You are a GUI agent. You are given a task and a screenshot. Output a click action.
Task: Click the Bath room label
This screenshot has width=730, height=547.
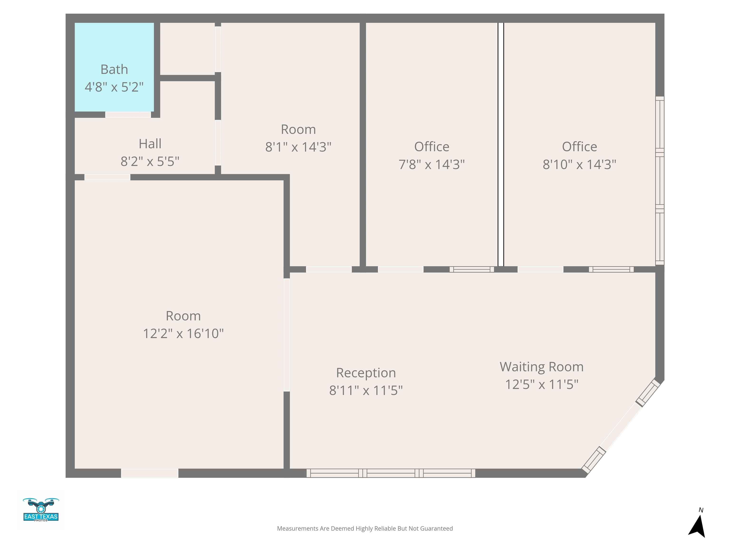click(114, 70)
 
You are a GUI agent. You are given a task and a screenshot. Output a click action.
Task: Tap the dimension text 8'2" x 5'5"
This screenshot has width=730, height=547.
click(150, 162)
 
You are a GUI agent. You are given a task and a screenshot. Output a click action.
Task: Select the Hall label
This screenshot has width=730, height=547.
click(150, 144)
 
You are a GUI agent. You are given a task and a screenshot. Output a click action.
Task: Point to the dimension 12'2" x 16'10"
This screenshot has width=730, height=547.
click(183, 334)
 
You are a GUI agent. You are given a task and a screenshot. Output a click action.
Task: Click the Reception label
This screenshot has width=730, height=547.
click(366, 373)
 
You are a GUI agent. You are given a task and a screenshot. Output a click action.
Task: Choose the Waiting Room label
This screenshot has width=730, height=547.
click(542, 367)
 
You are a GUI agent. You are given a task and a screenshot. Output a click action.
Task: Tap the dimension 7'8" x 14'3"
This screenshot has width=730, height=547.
click(432, 165)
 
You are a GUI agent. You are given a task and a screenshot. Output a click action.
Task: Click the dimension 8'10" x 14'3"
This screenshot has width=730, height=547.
click(580, 165)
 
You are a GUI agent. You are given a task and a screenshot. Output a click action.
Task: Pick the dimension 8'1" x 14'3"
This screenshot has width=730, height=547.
click(298, 147)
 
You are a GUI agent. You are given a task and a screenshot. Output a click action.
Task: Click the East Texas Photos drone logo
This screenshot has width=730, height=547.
click(41, 509)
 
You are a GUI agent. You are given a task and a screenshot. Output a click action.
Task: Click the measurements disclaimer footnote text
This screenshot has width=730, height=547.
click(365, 528)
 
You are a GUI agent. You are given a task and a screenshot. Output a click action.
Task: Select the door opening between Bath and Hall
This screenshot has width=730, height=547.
click(128, 115)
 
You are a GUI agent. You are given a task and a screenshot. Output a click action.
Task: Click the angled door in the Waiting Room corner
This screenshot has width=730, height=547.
click(621, 427)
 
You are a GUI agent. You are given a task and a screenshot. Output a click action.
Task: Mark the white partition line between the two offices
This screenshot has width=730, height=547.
click(501, 144)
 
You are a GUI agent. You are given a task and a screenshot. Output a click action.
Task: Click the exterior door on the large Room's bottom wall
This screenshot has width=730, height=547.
click(150, 473)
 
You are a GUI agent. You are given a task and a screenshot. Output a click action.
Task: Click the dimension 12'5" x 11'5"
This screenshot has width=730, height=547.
click(542, 384)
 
